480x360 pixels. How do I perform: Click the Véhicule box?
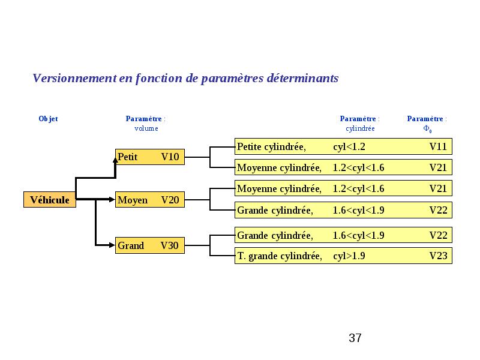(x=50, y=200)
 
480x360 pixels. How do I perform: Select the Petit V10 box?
(x=150, y=157)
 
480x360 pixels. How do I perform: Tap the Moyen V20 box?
(x=150, y=200)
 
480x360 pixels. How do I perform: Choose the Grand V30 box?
(x=150, y=245)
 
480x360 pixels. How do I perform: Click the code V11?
(x=438, y=146)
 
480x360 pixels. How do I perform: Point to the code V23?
(x=439, y=256)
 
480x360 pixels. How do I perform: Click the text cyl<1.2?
(x=349, y=147)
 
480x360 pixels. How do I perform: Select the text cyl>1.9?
(x=349, y=256)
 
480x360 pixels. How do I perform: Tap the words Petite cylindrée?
(x=271, y=147)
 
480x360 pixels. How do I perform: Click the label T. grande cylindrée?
(x=280, y=256)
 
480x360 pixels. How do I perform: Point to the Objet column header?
(x=48, y=119)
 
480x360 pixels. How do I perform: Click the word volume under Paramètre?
(x=146, y=128)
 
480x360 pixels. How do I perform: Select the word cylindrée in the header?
(x=360, y=128)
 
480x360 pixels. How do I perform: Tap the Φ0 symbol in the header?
(x=427, y=129)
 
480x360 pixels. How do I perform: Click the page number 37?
(x=355, y=338)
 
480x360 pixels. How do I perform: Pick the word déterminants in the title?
(x=302, y=78)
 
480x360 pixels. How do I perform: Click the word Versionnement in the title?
(x=74, y=78)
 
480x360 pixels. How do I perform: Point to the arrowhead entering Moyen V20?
(x=112, y=200)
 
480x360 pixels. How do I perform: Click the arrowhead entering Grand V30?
(x=112, y=245)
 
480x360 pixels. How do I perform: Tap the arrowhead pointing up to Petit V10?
(x=115, y=160)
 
